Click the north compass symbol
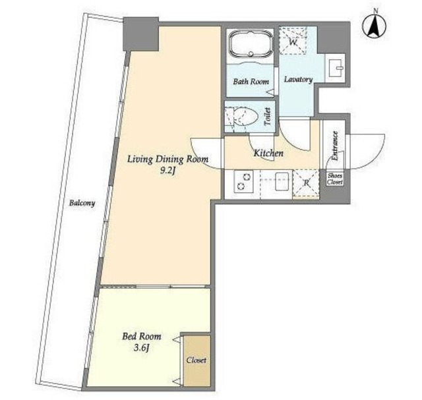point(374,26)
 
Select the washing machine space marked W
point(293,40)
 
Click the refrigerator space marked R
point(306,183)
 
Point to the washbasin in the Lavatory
point(335,67)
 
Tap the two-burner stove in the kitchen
point(243,182)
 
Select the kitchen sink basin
point(282,182)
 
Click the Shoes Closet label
point(335,179)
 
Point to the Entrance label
point(335,146)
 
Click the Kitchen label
point(268,154)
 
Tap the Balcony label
point(82,203)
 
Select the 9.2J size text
point(167,171)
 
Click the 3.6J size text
point(141,348)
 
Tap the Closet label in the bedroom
point(196,360)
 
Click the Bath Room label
point(251,82)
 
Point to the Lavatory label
point(299,79)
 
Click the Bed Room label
point(142,336)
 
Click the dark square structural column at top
point(140,34)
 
